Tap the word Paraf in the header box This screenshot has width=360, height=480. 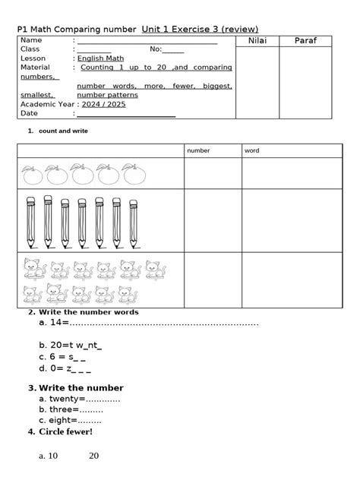[307, 39]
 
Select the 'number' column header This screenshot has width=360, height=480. [198, 150]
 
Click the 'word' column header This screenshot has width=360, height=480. [251, 150]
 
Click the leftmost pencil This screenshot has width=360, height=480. [30, 222]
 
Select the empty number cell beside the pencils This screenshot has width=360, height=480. [213, 221]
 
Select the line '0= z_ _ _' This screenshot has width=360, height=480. [65, 371]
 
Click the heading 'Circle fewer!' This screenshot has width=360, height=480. [65, 432]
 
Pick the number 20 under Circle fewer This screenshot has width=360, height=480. [93, 456]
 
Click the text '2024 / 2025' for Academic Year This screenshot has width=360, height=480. [101, 104]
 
